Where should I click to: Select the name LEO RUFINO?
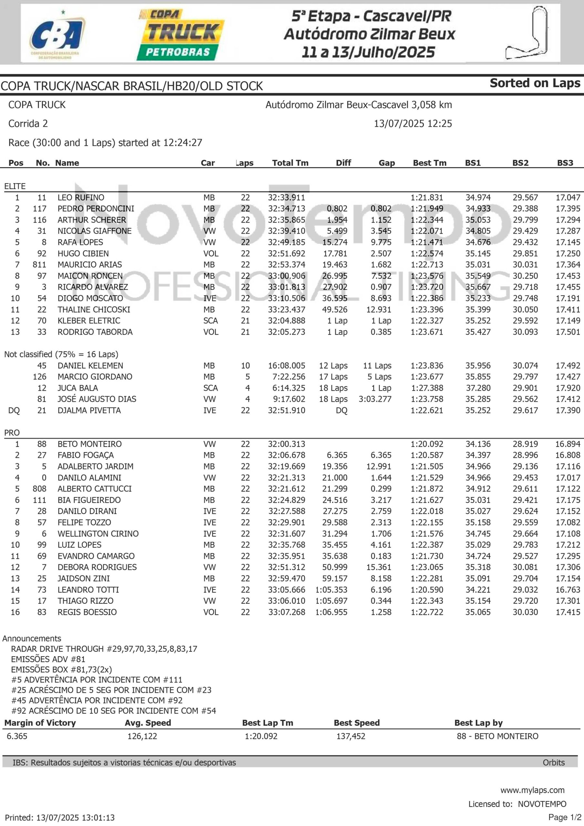point(81,197)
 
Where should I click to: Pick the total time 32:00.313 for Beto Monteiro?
point(286,444)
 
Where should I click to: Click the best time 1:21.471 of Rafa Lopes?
point(427,242)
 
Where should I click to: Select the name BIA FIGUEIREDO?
point(89,500)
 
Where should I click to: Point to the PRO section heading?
point(12,433)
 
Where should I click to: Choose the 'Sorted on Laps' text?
point(535,83)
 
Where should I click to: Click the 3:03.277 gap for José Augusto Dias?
point(375,399)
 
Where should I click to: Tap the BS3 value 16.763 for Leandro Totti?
point(568,589)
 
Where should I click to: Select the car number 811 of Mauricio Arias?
point(39,265)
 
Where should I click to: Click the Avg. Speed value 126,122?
point(142,736)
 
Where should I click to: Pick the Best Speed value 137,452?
point(351,736)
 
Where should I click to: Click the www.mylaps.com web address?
point(532,790)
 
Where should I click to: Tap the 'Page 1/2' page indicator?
point(565,817)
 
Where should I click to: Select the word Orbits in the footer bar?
point(553,762)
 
